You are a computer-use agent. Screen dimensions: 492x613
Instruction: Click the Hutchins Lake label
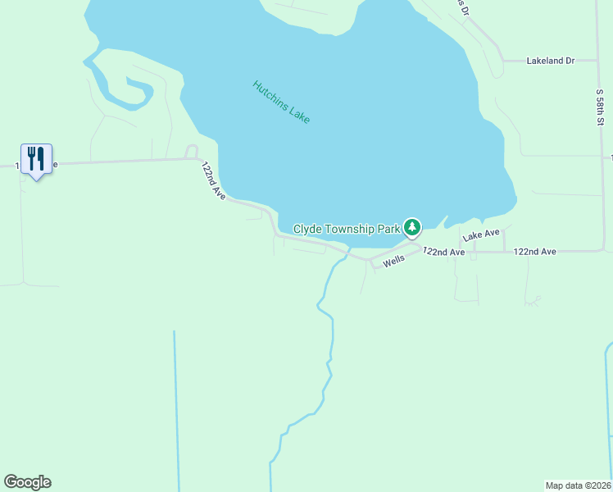281,102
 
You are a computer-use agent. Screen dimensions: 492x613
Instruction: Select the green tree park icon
412,225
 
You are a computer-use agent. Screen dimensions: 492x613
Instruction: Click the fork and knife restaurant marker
36,158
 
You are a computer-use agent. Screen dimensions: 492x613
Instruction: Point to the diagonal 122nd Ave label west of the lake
213,180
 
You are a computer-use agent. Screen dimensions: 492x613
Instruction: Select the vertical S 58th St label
600,102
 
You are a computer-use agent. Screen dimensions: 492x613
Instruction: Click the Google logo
28,482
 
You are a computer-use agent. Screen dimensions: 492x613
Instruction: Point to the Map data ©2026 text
578,485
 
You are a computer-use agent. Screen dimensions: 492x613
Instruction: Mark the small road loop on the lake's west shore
192,151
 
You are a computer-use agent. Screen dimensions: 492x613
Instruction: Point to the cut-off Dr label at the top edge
464,8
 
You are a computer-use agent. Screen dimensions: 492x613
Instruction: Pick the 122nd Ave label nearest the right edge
535,251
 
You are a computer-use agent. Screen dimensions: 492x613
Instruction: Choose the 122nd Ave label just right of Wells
443,251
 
